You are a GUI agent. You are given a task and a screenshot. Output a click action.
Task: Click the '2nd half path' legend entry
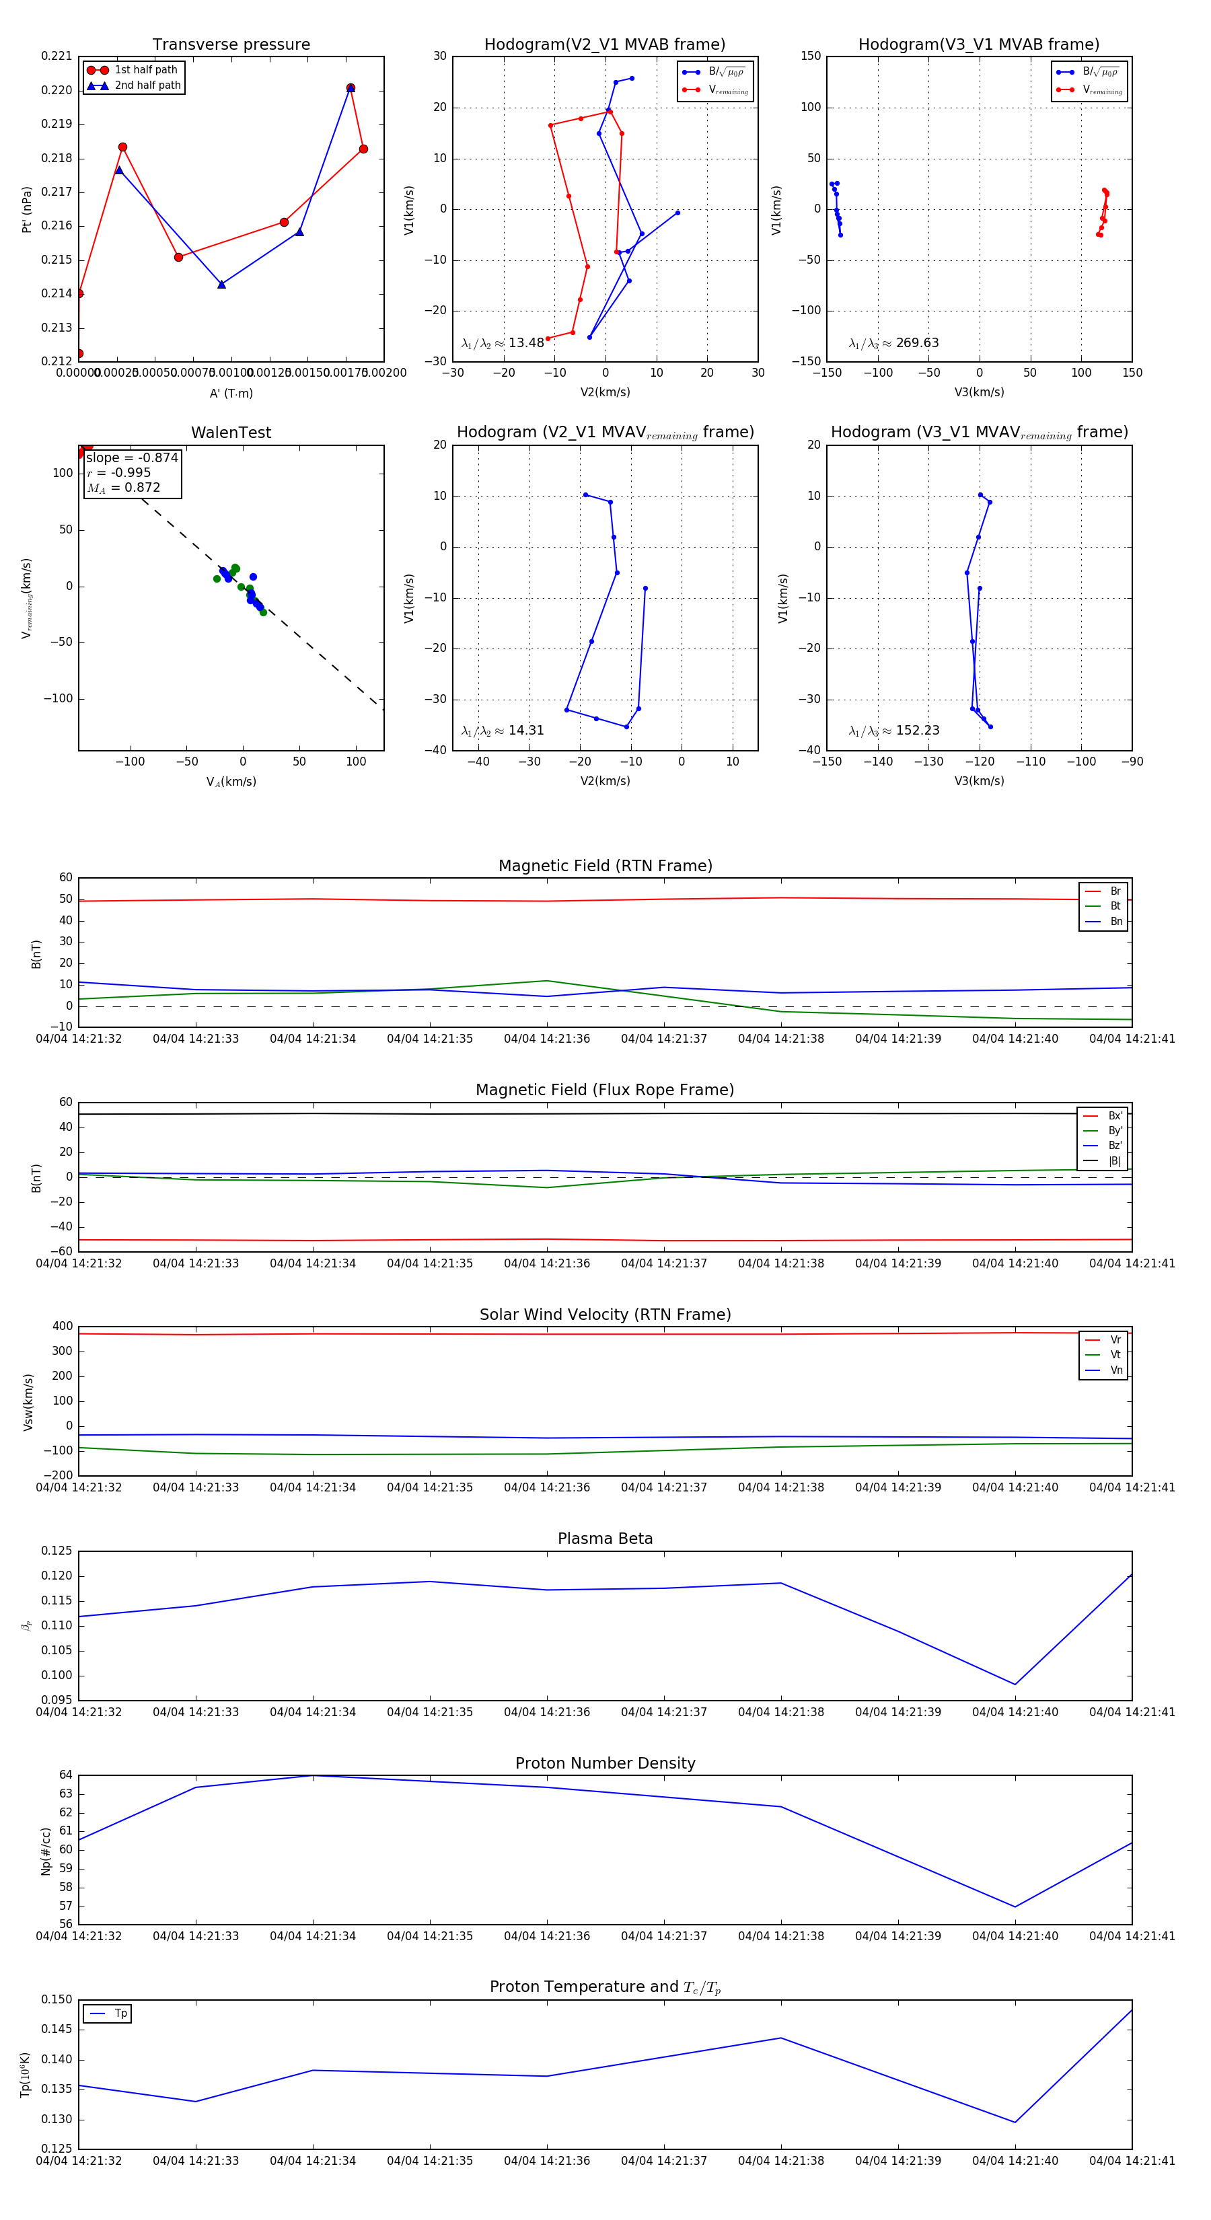pos(147,85)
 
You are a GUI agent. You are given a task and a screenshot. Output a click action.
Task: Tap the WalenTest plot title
pos(231,433)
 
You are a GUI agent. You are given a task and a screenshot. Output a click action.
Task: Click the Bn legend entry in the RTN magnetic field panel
pos(1116,921)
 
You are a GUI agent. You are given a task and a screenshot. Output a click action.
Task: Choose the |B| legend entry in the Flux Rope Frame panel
pos(1115,1161)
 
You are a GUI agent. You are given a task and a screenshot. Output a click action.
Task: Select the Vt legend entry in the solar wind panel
pos(1115,1355)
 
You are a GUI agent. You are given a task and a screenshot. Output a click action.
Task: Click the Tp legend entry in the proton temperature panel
pos(120,2013)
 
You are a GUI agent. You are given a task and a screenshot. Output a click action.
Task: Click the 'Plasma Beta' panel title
pos(605,1539)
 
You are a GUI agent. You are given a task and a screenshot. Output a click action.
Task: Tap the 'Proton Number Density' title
pos(605,1763)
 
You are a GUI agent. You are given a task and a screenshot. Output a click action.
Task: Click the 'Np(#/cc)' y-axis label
pos(46,1851)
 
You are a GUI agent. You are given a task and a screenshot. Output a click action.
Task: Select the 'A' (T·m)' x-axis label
pos(231,393)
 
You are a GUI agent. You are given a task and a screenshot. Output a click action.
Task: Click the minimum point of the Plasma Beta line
pos(1015,1684)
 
